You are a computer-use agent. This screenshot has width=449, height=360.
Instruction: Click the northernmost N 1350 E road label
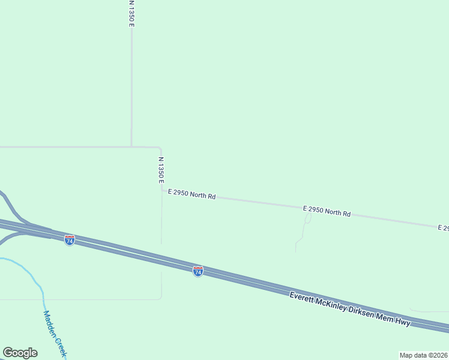[x=131, y=13]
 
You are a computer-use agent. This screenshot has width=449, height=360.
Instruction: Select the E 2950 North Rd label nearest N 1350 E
[x=192, y=194]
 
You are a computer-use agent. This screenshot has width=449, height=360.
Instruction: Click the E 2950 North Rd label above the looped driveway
[x=327, y=211]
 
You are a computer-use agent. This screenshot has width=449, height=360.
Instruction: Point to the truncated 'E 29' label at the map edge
[x=443, y=228]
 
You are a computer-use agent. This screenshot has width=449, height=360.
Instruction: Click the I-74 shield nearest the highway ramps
[x=70, y=240]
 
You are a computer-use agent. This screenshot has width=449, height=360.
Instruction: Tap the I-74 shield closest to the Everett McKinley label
[x=198, y=271]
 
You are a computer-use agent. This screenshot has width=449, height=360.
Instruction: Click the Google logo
[x=20, y=353]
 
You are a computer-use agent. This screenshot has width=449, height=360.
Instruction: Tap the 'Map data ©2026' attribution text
[x=423, y=355]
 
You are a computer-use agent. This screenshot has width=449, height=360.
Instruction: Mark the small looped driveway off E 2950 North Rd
[x=307, y=219]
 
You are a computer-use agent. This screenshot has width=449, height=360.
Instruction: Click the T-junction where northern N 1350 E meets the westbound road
[x=131, y=146]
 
